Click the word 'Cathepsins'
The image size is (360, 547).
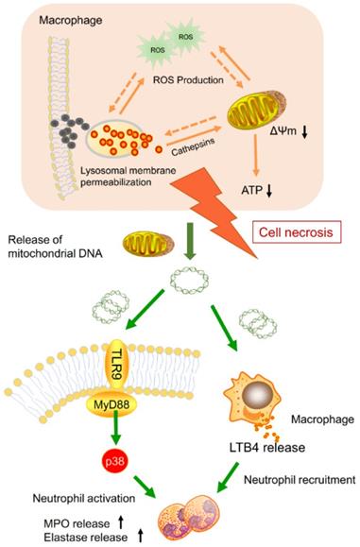pos(198,149)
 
